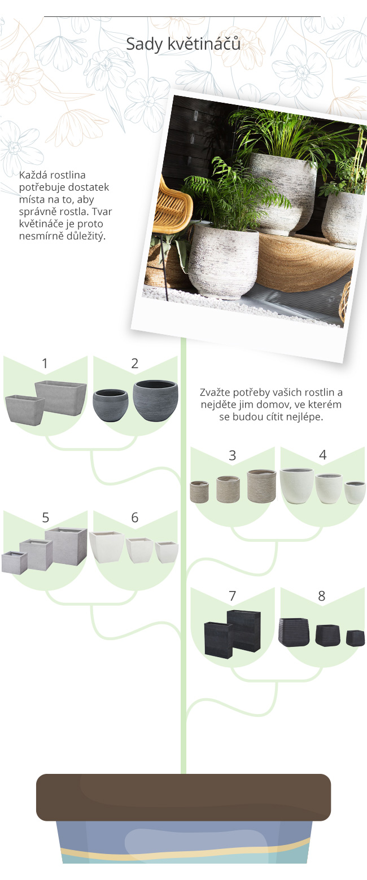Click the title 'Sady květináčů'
point(183,44)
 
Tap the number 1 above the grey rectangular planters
point(45,364)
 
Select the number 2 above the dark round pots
point(135,364)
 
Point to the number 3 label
point(232,456)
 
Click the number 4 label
point(322,455)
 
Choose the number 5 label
point(46,518)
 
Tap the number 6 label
point(135,518)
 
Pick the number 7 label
point(232,596)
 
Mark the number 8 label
point(322,596)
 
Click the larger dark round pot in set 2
point(156,400)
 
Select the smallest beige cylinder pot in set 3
point(199,492)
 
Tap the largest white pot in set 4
point(296,485)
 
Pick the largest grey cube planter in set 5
point(66,546)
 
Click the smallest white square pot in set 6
point(167,553)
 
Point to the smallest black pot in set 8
point(355,638)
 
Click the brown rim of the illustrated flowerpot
point(183,797)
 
